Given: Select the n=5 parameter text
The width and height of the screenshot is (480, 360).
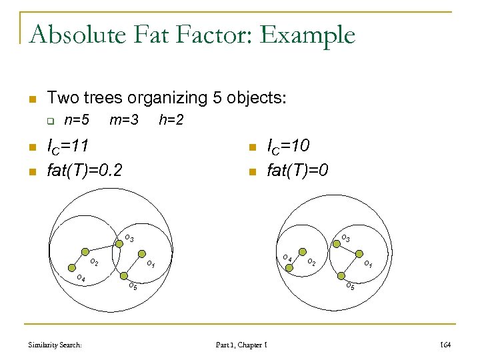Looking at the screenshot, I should tap(76, 121).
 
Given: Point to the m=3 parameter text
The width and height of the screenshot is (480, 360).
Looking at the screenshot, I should tap(124, 121).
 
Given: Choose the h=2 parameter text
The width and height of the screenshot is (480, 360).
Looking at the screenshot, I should tap(171, 121).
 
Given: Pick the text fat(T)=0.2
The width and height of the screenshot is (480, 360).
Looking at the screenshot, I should tap(85, 171).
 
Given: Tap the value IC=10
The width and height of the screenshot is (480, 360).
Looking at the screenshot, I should tap(288, 146).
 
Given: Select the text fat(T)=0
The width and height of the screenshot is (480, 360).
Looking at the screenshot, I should tap(297, 171).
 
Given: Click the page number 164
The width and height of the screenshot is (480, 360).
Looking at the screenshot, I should tap(446, 345).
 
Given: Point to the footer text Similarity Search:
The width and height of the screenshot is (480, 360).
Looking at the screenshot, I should tap(55, 345).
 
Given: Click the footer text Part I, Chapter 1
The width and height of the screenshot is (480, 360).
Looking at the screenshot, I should tap(241, 345).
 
